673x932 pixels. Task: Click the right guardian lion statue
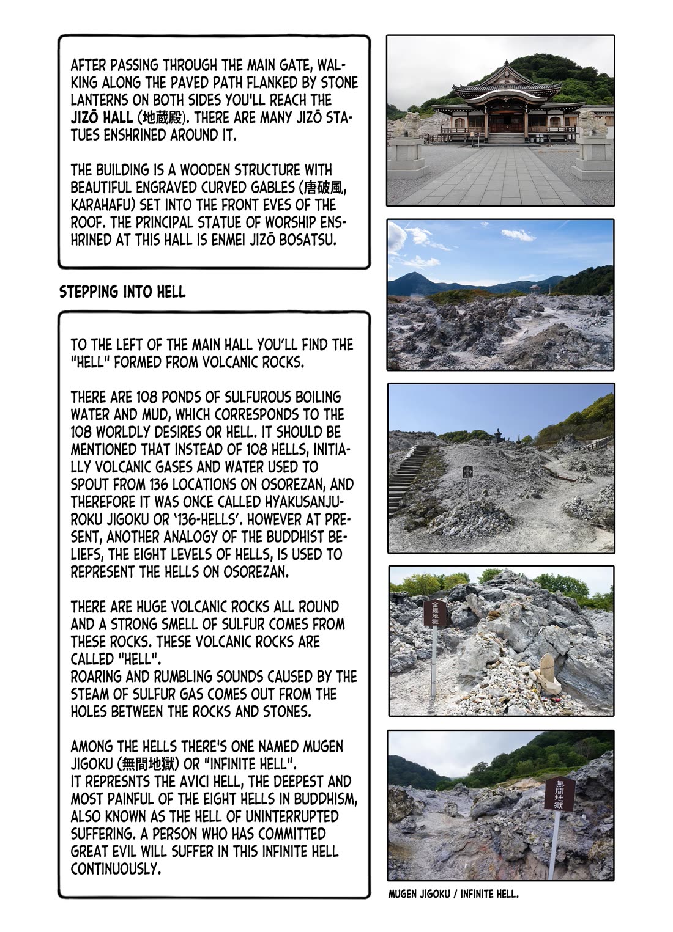592,124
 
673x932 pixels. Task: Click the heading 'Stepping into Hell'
122,292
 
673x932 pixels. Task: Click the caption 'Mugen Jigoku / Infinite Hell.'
453,894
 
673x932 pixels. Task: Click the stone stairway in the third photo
407,477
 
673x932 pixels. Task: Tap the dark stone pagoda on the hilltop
497,436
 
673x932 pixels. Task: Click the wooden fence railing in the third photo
594,444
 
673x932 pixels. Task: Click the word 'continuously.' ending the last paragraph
116,868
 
